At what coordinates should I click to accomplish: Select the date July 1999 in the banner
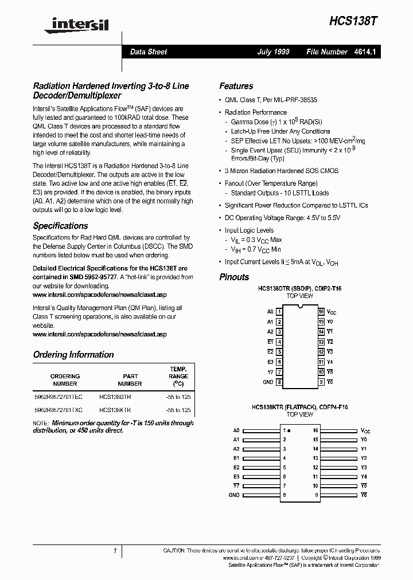point(274,52)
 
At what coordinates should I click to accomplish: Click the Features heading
point(236,86)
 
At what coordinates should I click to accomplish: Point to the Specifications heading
point(60,226)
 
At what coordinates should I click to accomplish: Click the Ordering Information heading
point(73,354)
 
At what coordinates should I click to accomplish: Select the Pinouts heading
point(234,277)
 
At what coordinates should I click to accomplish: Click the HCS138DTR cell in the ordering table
point(115,396)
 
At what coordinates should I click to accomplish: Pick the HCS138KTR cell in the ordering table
point(115,410)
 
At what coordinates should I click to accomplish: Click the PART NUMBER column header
point(130,380)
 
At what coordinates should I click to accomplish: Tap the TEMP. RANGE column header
point(178,376)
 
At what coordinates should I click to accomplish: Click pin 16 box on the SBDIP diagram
point(322,312)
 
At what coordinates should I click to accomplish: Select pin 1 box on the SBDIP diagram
point(279,312)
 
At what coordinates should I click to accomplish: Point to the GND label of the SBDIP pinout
point(268,382)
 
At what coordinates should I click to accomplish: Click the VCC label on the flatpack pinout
point(365,430)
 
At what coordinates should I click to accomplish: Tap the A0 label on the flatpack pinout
point(236,430)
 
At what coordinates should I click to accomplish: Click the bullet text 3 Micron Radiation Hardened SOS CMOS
point(281,171)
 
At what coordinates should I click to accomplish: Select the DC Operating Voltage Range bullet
point(282,218)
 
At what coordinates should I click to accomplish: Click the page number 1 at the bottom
point(115,550)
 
